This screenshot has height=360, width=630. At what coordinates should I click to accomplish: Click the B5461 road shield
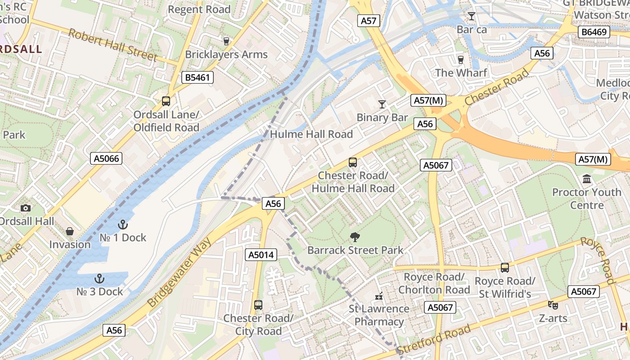[x=198, y=77]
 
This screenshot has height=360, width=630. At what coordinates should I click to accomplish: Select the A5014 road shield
[x=261, y=255]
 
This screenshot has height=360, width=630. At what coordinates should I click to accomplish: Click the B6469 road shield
[x=594, y=31]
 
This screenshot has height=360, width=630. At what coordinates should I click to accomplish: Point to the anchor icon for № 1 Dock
[x=122, y=224]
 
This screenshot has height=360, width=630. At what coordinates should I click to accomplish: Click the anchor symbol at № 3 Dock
[x=99, y=278]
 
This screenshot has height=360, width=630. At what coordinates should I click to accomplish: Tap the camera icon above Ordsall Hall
[x=26, y=207]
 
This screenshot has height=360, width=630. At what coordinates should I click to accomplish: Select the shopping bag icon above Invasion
[x=70, y=231]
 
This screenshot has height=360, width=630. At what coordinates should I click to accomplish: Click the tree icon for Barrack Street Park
[x=355, y=237]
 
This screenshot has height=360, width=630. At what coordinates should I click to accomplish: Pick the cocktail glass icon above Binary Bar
[x=382, y=104]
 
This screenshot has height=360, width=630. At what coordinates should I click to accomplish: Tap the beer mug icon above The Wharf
[x=460, y=59]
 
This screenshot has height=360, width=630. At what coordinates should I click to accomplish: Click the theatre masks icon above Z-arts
[x=553, y=305]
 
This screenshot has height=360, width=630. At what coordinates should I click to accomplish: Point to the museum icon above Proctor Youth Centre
[x=587, y=179]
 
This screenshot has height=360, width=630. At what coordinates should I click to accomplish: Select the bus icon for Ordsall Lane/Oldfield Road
[x=166, y=101]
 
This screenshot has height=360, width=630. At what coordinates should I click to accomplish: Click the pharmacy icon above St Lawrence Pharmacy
[x=379, y=296]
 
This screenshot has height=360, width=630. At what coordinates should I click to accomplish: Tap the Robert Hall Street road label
[x=112, y=45]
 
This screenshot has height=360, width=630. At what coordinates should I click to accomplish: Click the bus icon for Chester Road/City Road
[x=258, y=305]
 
